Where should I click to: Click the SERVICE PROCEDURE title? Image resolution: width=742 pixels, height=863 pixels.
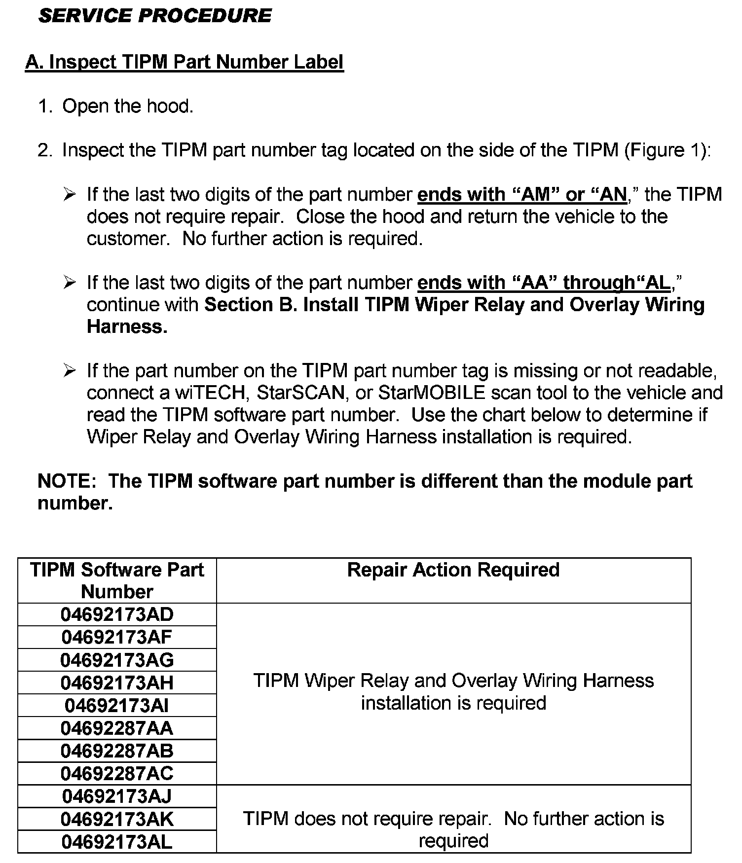154,16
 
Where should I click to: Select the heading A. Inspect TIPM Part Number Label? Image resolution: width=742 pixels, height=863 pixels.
184,62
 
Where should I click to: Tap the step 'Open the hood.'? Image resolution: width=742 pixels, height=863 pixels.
128,106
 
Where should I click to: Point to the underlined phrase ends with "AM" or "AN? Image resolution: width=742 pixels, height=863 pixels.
522,195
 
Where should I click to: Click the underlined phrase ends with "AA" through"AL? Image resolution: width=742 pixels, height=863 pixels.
544,283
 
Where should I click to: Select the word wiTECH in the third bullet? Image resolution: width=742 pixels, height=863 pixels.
210,393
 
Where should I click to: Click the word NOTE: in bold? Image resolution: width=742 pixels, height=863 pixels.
67,481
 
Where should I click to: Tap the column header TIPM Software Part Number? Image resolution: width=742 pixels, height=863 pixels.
117,580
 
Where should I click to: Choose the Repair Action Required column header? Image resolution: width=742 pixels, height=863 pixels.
453,570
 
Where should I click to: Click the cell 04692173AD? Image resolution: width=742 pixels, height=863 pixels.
117,614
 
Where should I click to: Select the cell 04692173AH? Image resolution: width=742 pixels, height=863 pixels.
117,683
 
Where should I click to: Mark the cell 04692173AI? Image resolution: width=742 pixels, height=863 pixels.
117,706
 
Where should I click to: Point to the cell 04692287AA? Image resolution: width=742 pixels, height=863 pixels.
117,728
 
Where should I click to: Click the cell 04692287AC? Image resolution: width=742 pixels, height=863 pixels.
117,773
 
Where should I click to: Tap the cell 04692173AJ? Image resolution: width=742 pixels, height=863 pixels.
117,796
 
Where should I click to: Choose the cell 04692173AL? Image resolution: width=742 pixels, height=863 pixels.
117,842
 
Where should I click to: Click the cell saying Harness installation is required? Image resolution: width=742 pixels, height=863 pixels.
453,692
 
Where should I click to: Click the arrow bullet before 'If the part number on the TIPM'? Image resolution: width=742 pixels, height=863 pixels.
70,370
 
